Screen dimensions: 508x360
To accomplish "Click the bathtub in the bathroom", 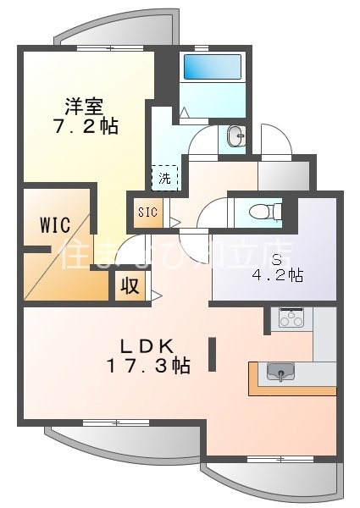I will [211, 68].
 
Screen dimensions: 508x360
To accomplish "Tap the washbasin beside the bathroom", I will [236, 135].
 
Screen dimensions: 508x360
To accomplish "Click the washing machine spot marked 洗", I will [165, 178].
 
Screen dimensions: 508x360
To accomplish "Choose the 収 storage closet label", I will [129, 285].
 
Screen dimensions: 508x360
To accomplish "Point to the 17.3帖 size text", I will [147, 366].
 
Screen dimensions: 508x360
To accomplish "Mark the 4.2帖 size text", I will [277, 275].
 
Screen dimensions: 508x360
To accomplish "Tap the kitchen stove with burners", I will [291, 318].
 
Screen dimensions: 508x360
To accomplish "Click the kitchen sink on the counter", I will [280, 373].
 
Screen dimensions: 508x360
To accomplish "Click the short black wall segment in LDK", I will [212, 354].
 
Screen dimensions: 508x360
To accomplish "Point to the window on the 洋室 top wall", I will [101, 48].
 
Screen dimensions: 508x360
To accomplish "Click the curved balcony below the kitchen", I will [271, 478].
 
